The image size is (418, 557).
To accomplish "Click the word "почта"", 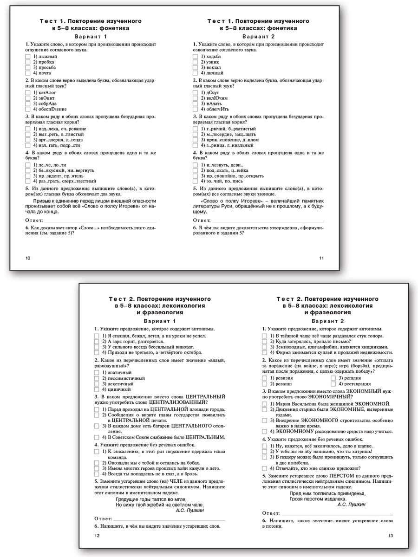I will [45, 73].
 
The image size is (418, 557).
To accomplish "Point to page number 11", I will [321, 258].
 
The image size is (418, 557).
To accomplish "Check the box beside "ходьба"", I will [196, 56].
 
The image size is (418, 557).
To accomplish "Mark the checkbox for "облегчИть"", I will [196, 109].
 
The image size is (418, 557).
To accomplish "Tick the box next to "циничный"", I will [97, 389].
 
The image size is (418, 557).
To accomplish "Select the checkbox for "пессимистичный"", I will [97, 378].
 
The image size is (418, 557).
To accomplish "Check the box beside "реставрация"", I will [333, 384].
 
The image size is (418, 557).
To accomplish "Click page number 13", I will [390, 536].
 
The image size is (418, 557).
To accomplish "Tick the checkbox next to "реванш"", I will [265, 384].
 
